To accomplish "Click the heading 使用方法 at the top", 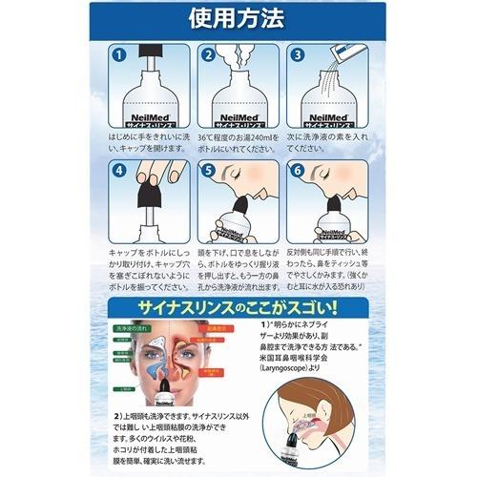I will click(238, 18).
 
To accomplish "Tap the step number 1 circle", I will click(118, 56).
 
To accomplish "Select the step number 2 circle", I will click(210, 56).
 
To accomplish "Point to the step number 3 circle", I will click(297, 56).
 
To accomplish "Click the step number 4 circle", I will click(118, 174).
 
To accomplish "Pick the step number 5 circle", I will click(210, 174).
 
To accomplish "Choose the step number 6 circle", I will click(297, 174).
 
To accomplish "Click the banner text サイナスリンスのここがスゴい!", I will click(238, 309).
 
